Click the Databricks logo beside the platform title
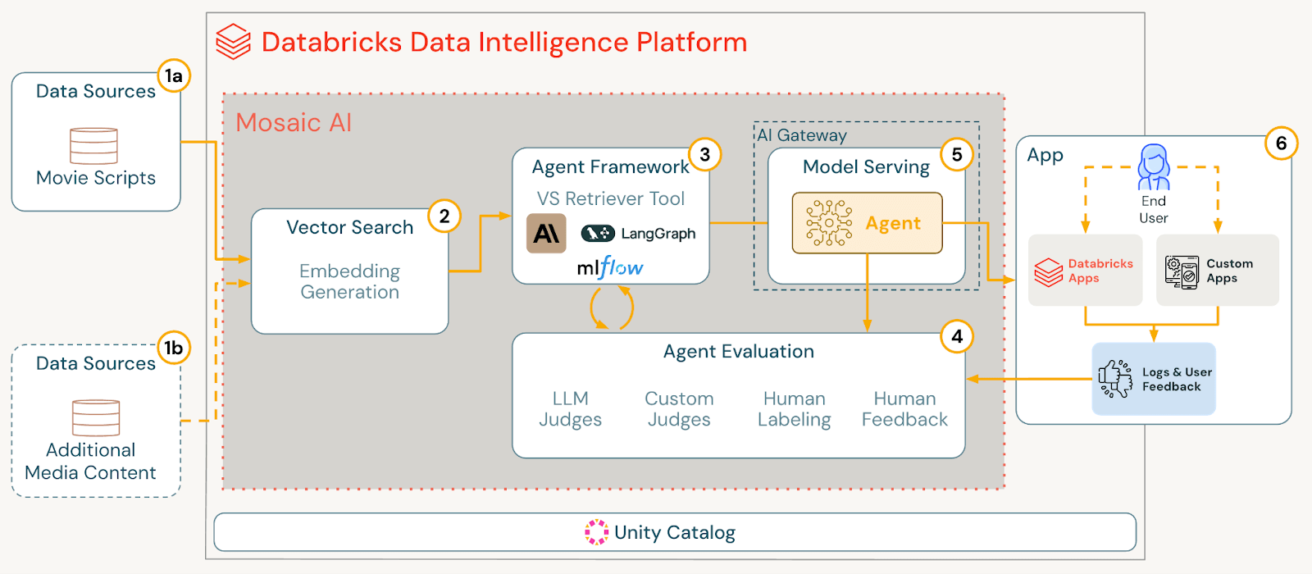pyautogui.click(x=233, y=42)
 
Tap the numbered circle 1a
pyautogui.click(x=174, y=76)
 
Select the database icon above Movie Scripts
pyautogui.click(x=94, y=146)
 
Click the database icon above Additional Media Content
pyautogui.click(x=96, y=417)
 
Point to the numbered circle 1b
pyautogui.click(x=174, y=348)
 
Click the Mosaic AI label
pyautogui.click(x=294, y=123)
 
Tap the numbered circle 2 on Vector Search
pyautogui.click(x=444, y=216)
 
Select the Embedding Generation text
pyautogui.click(x=349, y=281)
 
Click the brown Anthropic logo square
pyautogui.click(x=546, y=234)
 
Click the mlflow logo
pyautogui.click(x=610, y=267)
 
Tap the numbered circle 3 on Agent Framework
pyautogui.click(x=704, y=155)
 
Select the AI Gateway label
pyautogui.click(x=802, y=135)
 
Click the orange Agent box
pyautogui.click(x=867, y=223)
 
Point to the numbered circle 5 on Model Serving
pyautogui.click(x=956, y=155)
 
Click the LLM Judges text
pyautogui.click(x=570, y=409)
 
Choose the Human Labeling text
pyautogui.click(x=794, y=409)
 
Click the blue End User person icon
pyautogui.click(x=1153, y=167)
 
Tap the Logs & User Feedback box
pyautogui.click(x=1153, y=379)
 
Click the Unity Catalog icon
pyautogui.click(x=596, y=532)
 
